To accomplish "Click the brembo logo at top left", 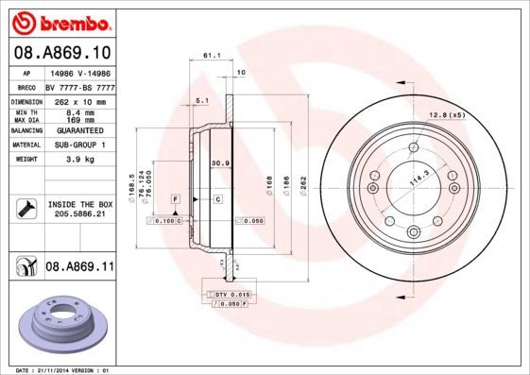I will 59,21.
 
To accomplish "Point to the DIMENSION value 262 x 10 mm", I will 79,101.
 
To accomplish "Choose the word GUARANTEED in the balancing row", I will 79,131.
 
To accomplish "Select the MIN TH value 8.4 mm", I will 79,113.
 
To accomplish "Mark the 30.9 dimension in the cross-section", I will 218,163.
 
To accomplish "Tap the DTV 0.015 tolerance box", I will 227,296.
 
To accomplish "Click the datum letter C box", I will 216,199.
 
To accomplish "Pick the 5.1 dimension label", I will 201,100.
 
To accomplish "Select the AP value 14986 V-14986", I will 79,72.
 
